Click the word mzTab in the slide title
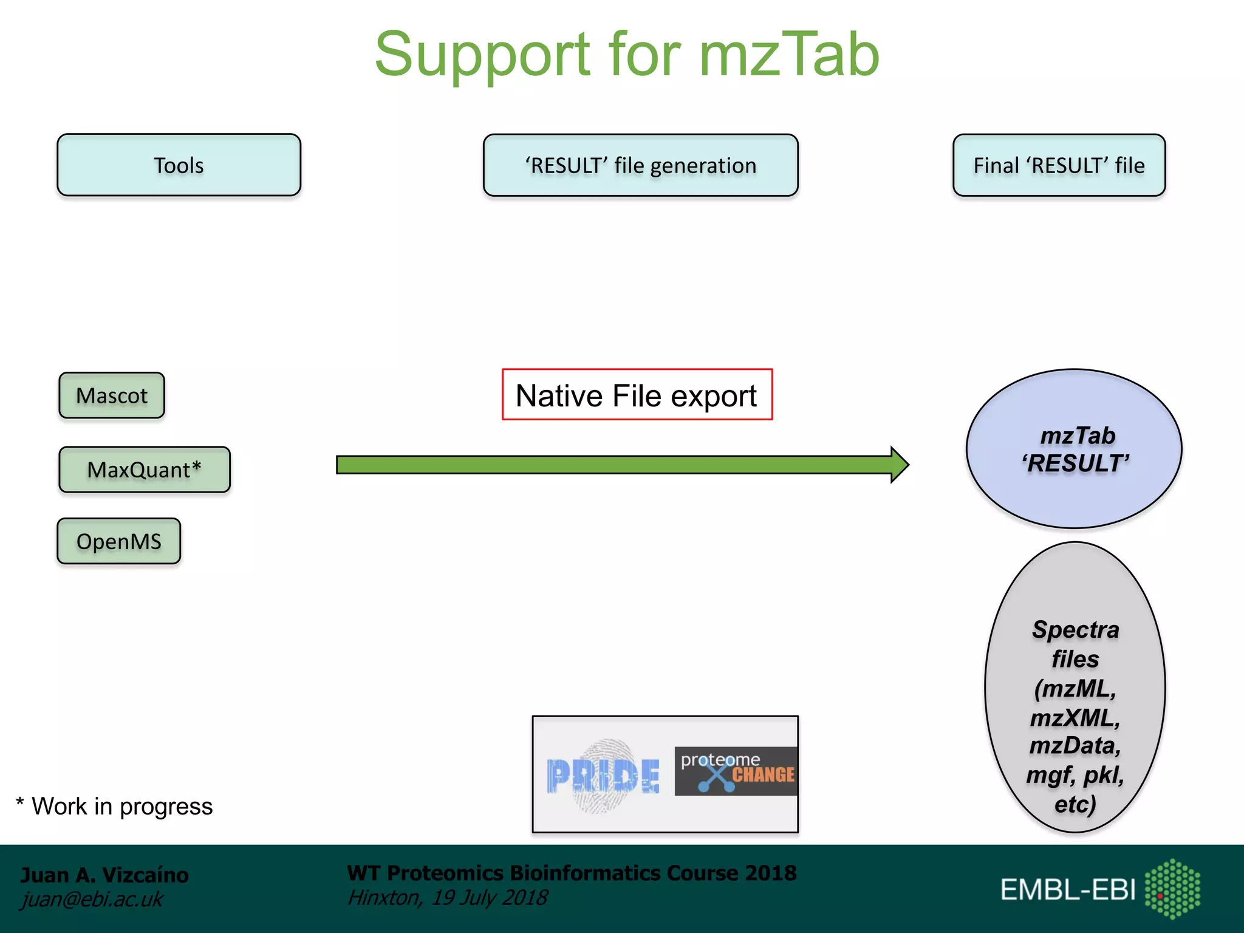788,56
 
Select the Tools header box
179,165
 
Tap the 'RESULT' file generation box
640,165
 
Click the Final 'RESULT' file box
1059,165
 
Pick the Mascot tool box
112,395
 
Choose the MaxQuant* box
145,470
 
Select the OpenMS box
119,541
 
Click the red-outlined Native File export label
637,395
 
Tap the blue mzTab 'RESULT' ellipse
1074,449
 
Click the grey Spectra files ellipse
1075,686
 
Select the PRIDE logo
603,776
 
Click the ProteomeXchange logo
736,771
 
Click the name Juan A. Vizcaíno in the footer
104,875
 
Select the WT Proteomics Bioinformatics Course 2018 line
571,873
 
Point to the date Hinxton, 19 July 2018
447,898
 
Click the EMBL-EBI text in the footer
1067,890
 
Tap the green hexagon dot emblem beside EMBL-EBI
1172,889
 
